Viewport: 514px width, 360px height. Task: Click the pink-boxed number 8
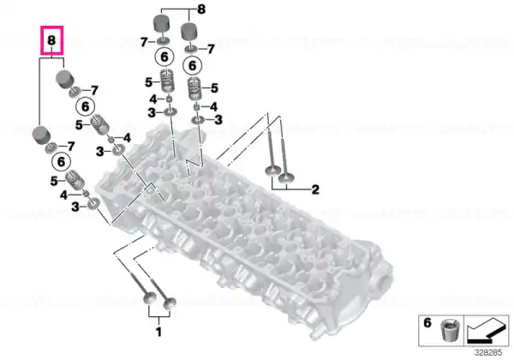[x=51, y=40]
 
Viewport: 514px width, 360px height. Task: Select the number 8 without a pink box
[x=201, y=9]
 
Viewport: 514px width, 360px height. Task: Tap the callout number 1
[x=158, y=332]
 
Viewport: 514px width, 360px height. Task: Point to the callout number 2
[x=315, y=189]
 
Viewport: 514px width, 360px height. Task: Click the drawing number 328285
[x=488, y=353]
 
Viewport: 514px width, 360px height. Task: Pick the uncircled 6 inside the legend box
[x=427, y=322]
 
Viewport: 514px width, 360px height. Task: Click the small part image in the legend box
[x=450, y=330]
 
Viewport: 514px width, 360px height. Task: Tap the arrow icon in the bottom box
[x=486, y=331]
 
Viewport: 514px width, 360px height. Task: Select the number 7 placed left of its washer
[x=144, y=42]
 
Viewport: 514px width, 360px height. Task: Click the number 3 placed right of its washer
[x=218, y=120]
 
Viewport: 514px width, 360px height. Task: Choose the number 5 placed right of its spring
[x=214, y=88]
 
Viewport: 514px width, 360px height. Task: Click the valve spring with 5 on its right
[x=195, y=89]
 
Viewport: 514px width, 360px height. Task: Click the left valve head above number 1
[x=150, y=298]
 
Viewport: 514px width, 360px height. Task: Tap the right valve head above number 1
[x=170, y=303]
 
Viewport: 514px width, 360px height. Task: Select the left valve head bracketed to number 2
[x=272, y=171]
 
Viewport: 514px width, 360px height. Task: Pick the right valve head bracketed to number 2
[x=286, y=177]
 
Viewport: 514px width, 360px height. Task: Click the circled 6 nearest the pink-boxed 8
[x=85, y=106]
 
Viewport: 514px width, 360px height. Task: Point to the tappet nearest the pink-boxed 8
[x=64, y=79]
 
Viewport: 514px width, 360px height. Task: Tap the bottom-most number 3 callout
[x=75, y=207]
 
